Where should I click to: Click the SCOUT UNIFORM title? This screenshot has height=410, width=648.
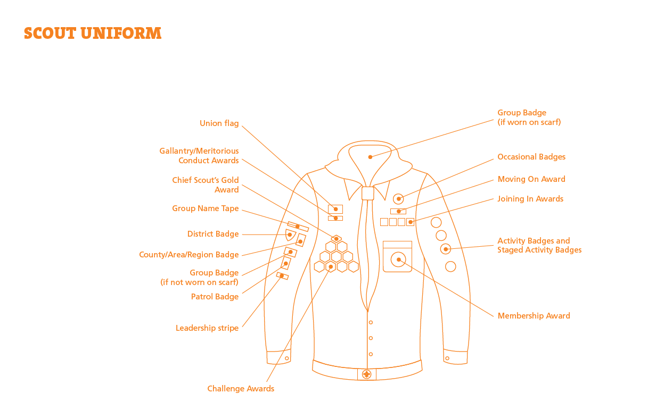click(93, 33)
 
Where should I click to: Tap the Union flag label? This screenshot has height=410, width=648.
click(219, 123)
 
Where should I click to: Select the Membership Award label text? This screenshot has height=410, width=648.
click(534, 315)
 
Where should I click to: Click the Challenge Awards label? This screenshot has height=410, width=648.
click(241, 389)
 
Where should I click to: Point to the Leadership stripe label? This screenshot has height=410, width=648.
click(207, 328)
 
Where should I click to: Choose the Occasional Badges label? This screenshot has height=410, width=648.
click(531, 156)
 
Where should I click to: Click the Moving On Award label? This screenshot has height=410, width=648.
click(531, 179)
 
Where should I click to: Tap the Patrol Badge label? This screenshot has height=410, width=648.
click(215, 297)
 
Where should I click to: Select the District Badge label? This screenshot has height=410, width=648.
click(213, 234)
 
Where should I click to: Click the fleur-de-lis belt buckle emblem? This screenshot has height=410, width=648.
click(367, 374)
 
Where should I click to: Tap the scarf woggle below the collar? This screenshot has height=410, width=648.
click(368, 193)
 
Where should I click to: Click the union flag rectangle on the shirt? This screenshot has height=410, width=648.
click(335, 209)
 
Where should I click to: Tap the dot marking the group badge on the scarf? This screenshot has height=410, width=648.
click(370, 157)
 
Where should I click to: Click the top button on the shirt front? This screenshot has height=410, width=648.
click(371, 322)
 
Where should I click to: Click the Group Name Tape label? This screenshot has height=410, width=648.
click(206, 208)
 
